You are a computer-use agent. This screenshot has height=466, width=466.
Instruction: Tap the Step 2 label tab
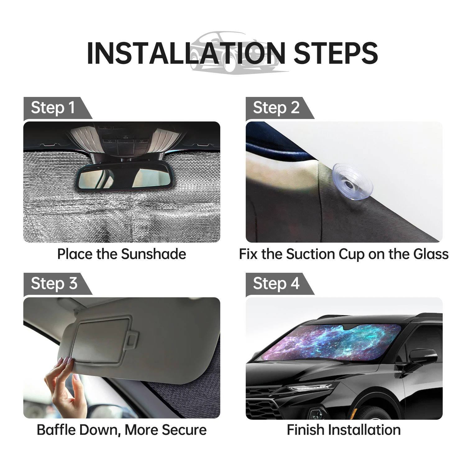pos(276,108)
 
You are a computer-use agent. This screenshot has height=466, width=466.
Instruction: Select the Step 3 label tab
pos(54,284)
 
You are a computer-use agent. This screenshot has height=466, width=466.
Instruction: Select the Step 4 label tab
pos(276,284)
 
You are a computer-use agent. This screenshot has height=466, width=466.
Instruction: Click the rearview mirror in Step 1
pos(121,176)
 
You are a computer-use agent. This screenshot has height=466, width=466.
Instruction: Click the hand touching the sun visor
pos(62,385)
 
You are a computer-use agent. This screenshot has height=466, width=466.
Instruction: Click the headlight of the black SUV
pos(311,388)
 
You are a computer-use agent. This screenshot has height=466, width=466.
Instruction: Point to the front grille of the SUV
pos(264,404)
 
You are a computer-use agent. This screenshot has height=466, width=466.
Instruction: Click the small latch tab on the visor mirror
pos(133,339)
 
